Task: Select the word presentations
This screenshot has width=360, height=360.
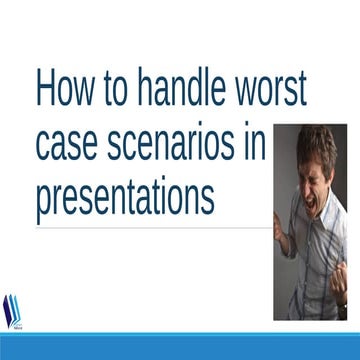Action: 125,197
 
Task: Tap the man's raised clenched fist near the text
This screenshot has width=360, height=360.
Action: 281,228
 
